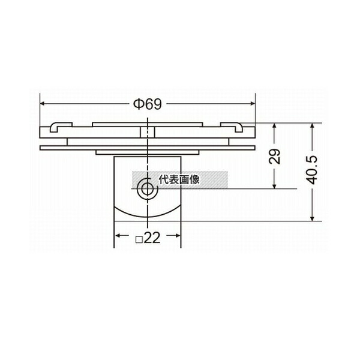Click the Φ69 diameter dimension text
pyautogui.click(x=148, y=104)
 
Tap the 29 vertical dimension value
pyautogui.click(x=275, y=157)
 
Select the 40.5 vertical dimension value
pyautogui.click(x=312, y=170)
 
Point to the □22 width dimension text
pyautogui.click(x=148, y=238)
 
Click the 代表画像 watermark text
pyautogui.click(x=179, y=179)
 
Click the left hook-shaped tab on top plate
pyautogui.click(x=61, y=127)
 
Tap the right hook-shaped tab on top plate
pyautogui.click(x=232, y=127)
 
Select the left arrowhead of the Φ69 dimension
pyautogui.click(x=43, y=104)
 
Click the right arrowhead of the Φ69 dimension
pyautogui.click(x=253, y=104)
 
